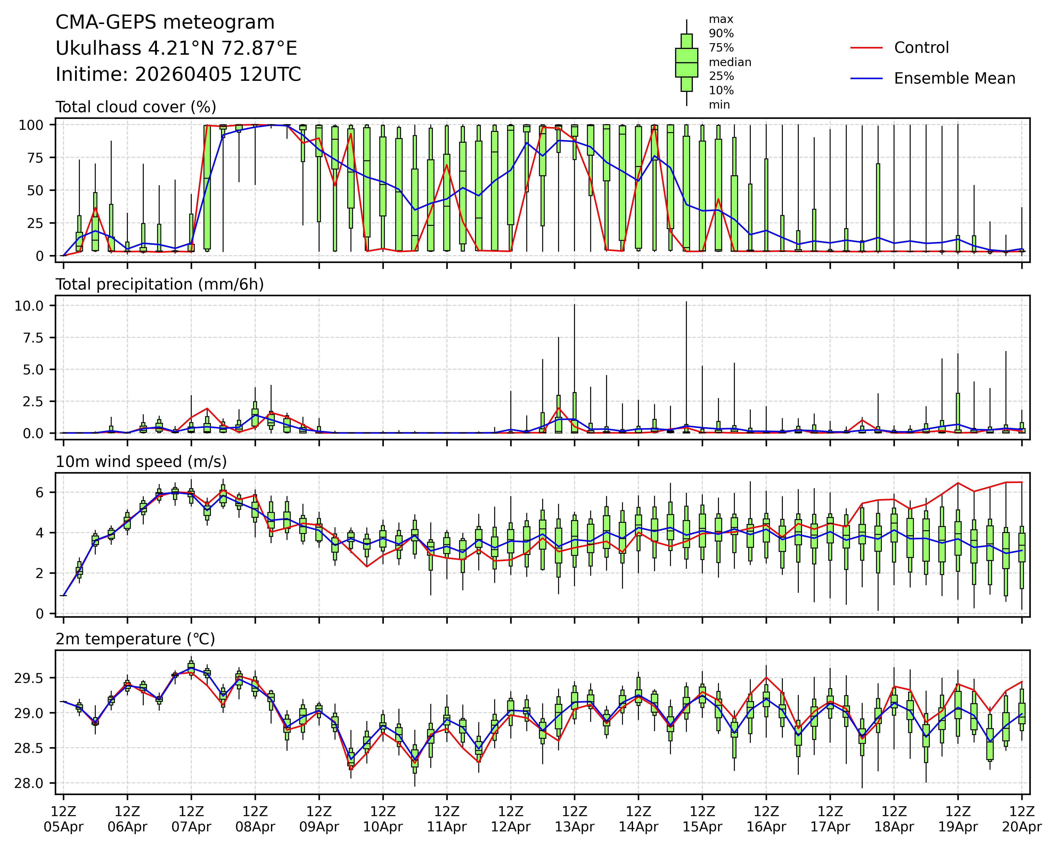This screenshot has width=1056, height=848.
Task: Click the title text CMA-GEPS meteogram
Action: [x=165, y=23]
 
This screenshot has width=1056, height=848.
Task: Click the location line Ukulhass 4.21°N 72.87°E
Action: [x=176, y=48]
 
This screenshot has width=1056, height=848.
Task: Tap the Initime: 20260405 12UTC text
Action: [x=178, y=75]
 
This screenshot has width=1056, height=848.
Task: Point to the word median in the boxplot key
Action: [x=730, y=62]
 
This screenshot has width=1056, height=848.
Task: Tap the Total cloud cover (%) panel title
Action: [x=136, y=107]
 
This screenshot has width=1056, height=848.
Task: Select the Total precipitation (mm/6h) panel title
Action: [x=160, y=284]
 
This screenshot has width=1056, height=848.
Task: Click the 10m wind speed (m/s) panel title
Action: [x=141, y=462]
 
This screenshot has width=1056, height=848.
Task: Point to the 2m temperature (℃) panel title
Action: [x=135, y=639]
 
